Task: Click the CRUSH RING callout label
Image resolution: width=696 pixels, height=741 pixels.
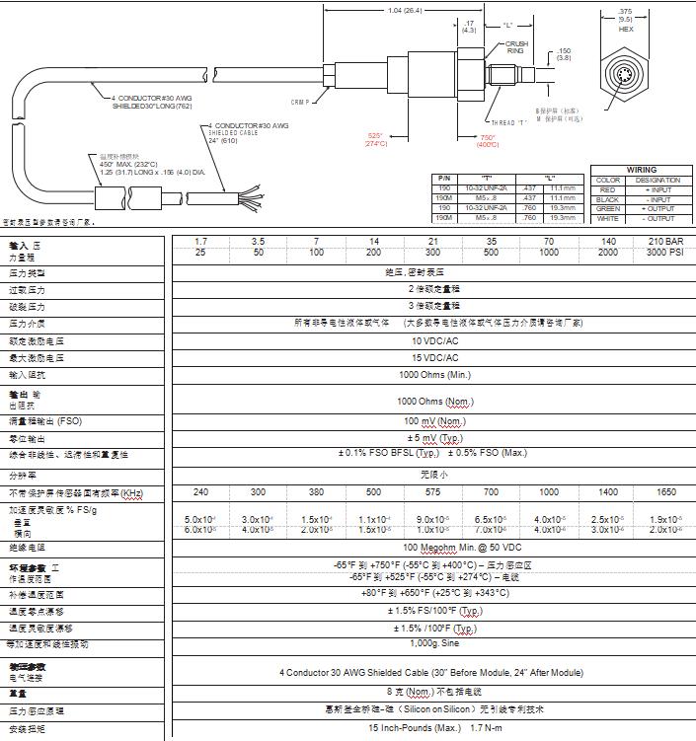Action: pos(517,46)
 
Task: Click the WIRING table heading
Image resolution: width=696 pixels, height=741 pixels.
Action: pos(641,170)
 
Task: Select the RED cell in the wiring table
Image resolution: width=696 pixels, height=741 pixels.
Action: pos(608,189)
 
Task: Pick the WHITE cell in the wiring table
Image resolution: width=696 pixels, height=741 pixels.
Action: pos(608,218)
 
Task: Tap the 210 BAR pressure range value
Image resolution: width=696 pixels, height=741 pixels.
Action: pos(664,241)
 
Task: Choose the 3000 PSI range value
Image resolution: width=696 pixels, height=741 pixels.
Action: pos(664,254)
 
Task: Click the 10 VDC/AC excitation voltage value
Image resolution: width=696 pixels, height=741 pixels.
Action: pos(435,339)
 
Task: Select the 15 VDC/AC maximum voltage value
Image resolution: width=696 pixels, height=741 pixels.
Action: pos(435,357)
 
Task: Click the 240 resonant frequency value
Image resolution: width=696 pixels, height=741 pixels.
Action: pos(201,491)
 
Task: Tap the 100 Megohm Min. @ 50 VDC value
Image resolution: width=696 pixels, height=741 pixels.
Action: pos(435,547)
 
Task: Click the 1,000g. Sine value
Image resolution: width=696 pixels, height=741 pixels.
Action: pos(435,643)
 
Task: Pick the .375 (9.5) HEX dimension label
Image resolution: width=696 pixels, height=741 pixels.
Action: pos(626,19)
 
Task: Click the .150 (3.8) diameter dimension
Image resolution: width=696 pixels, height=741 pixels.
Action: pos(564,53)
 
